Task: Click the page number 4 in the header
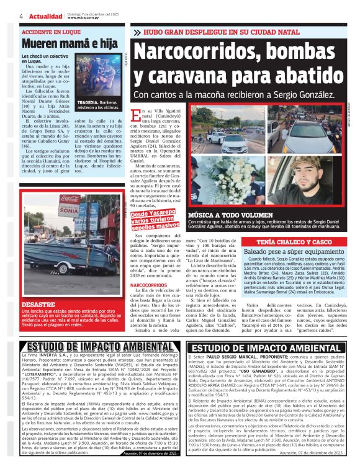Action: click(22, 16)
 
